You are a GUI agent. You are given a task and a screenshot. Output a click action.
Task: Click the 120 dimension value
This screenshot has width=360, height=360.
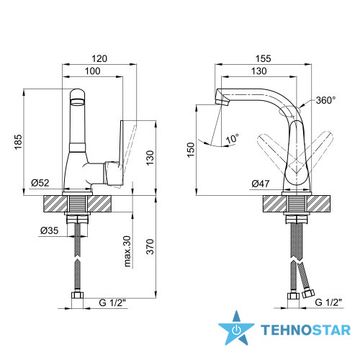(99, 58)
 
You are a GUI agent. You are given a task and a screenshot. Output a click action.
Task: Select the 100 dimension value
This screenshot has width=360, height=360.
(93, 71)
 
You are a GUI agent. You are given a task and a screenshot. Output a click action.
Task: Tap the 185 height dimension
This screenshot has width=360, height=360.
(18, 142)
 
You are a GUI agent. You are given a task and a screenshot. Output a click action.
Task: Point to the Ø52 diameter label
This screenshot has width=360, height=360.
(40, 183)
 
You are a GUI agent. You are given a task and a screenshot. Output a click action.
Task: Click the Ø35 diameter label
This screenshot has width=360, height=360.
(50, 230)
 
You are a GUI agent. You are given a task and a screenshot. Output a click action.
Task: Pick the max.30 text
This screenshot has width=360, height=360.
(127, 251)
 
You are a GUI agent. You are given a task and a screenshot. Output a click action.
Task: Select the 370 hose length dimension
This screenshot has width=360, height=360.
(150, 247)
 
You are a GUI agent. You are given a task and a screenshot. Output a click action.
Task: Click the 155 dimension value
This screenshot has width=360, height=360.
(264, 58)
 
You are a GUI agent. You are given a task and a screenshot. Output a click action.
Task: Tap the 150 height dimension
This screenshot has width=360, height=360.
(191, 150)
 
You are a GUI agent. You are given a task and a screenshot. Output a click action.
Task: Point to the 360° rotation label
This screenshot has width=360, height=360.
(325, 100)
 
